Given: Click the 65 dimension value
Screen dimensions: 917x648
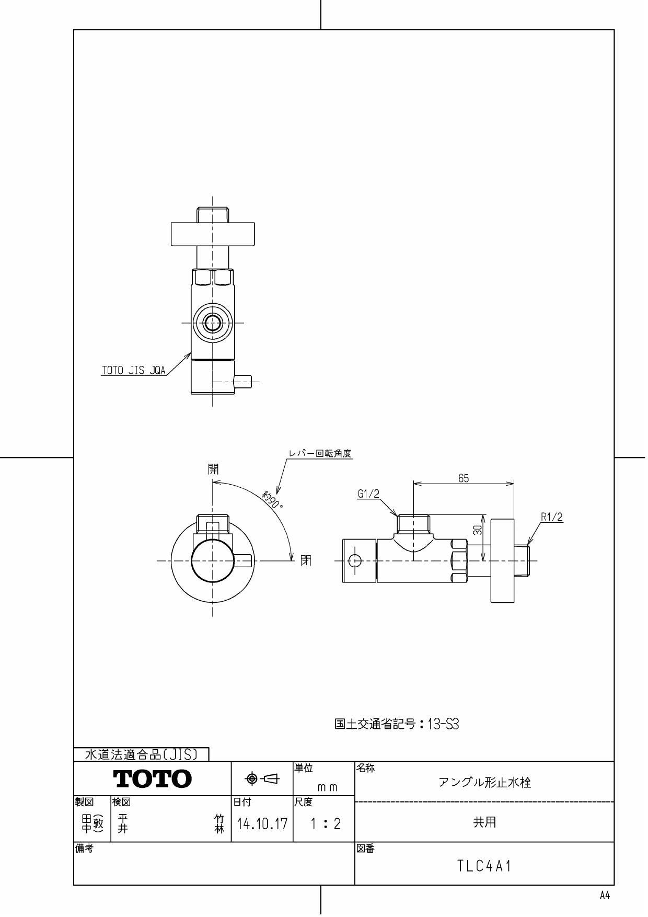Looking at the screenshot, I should pyautogui.click(x=464, y=478).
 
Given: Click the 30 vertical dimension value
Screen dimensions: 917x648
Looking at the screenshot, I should pyautogui.click(x=477, y=530).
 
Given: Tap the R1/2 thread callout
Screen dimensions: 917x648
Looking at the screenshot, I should pyautogui.click(x=552, y=517).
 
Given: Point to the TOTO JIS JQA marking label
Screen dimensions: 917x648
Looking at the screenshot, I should pyautogui.click(x=133, y=371).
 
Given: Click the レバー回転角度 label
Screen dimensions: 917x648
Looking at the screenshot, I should pyautogui.click(x=320, y=453).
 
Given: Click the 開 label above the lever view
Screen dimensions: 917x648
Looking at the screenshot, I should pyautogui.click(x=213, y=469).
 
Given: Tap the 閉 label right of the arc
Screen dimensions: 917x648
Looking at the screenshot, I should pyautogui.click(x=306, y=561).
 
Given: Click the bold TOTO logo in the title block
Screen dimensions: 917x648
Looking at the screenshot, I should pyautogui.click(x=153, y=779).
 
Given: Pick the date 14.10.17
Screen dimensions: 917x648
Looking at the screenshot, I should pyautogui.click(x=262, y=824).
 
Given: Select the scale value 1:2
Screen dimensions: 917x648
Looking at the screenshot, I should pyautogui.click(x=325, y=824).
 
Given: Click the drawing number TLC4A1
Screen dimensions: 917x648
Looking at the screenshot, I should pyautogui.click(x=484, y=866).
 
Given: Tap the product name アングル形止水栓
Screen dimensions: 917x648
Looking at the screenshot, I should pyautogui.click(x=484, y=783).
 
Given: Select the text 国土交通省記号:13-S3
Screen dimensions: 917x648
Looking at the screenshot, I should pyautogui.click(x=397, y=724).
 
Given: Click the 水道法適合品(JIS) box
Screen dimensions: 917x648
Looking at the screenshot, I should pyautogui.click(x=141, y=754).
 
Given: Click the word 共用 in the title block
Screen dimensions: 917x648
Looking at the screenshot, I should pyautogui.click(x=484, y=822).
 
